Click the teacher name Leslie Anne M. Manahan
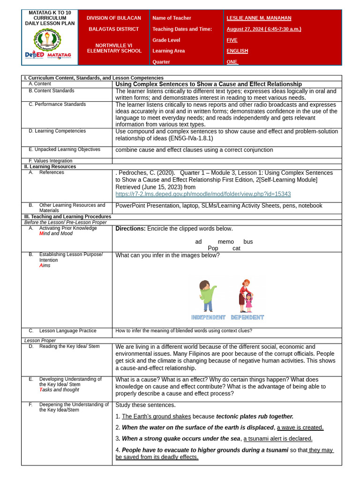click(x=259, y=18)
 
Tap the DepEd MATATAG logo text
click(x=48, y=55)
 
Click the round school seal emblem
click(x=47, y=39)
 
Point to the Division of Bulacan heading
click(x=113, y=18)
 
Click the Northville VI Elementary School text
click(x=114, y=48)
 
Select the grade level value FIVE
click(x=232, y=40)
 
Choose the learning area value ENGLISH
click(x=237, y=51)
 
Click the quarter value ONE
click(x=232, y=62)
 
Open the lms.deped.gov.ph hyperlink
click(x=203, y=194)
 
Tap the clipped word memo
click(x=225, y=242)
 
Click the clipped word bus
click(x=248, y=242)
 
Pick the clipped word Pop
click(x=213, y=248)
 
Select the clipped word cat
click(x=236, y=248)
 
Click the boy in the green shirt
click(x=206, y=295)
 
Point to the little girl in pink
click(x=248, y=302)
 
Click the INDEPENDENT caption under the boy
click(x=208, y=317)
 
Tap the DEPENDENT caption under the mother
click(x=247, y=317)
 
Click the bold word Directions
click(x=130, y=229)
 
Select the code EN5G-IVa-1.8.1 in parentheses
click(x=187, y=139)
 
